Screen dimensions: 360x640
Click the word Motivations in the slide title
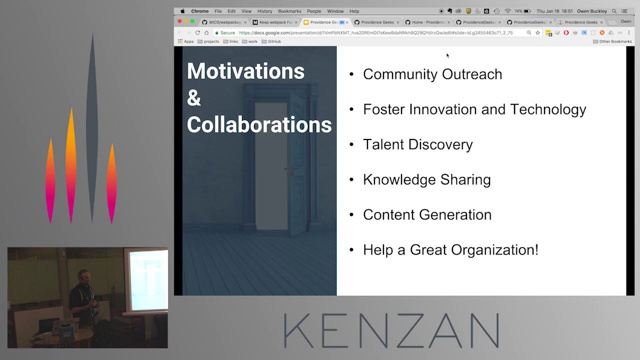click(245, 71)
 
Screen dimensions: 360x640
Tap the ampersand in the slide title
click(193, 98)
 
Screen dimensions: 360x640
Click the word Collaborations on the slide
click(259, 125)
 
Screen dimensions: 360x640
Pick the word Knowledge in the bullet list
click(393, 179)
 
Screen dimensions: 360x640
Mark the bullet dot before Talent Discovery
click(351, 144)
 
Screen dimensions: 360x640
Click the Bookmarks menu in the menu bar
click(289, 11)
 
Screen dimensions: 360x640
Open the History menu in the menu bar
click(264, 11)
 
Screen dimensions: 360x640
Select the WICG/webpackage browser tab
click(224, 22)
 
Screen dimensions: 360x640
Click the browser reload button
click(197, 32)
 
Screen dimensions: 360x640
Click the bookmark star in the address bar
click(537, 32)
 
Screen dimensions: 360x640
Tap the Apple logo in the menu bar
click(182, 11)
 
